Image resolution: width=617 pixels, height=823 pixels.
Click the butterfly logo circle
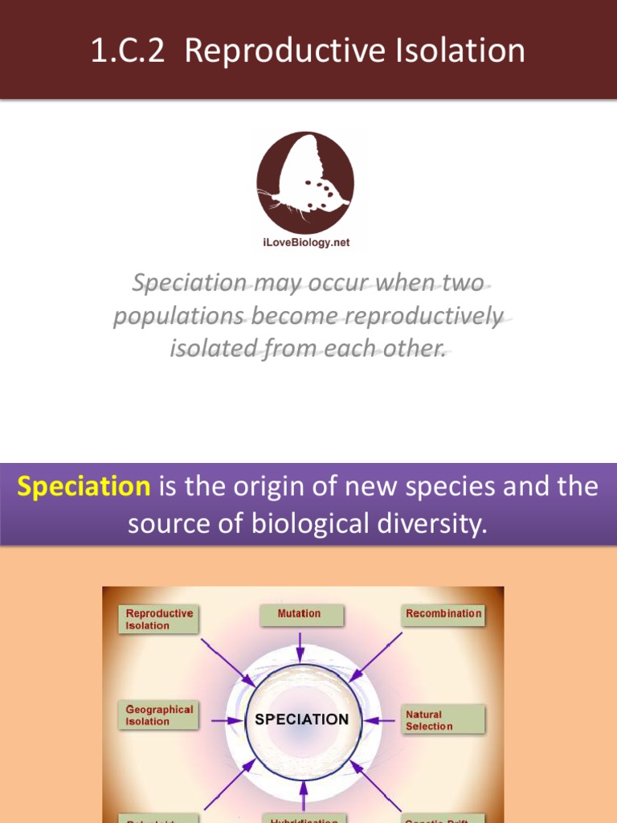click(x=305, y=183)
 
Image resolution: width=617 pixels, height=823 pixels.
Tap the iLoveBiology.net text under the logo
click(x=305, y=243)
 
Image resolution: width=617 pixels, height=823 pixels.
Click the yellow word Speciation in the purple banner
click(x=84, y=487)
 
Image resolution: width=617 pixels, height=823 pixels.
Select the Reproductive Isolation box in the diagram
click(x=158, y=619)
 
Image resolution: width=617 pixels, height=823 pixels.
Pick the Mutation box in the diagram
click(x=300, y=614)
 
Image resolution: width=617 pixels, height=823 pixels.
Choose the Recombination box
click(x=443, y=614)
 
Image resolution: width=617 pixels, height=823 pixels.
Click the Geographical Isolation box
click(x=158, y=715)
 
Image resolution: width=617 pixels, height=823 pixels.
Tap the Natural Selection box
click(x=443, y=719)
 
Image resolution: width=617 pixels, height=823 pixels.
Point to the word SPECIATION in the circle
click(x=301, y=719)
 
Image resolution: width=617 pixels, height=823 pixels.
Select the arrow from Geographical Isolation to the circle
click(x=226, y=720)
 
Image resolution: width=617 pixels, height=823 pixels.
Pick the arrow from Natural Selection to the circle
click(x=382, y=720)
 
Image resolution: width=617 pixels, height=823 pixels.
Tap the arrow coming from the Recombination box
click(x=375, y=657)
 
